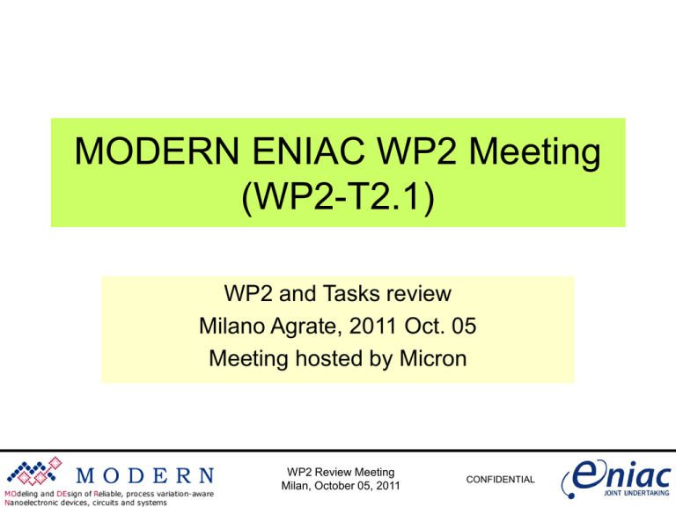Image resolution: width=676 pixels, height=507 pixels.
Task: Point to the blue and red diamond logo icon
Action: tap(36, 473)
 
